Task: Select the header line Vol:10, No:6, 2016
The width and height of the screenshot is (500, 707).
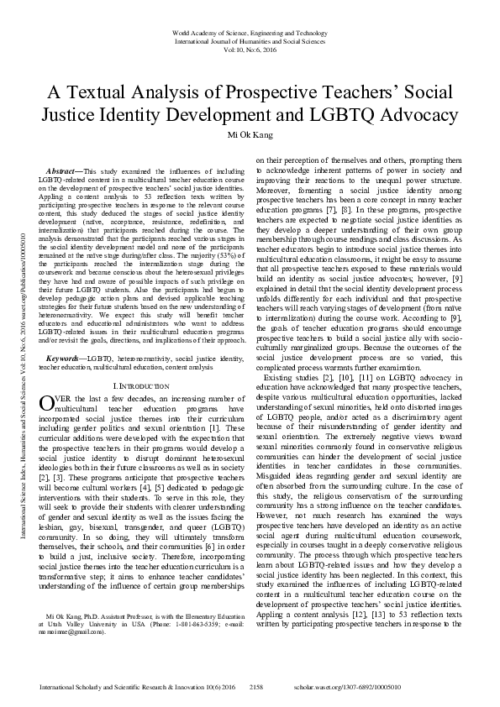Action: tap(250, 50)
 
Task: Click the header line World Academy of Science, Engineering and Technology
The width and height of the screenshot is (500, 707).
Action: tap(250, 33)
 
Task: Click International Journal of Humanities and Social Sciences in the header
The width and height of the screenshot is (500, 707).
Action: tap(250, 41)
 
